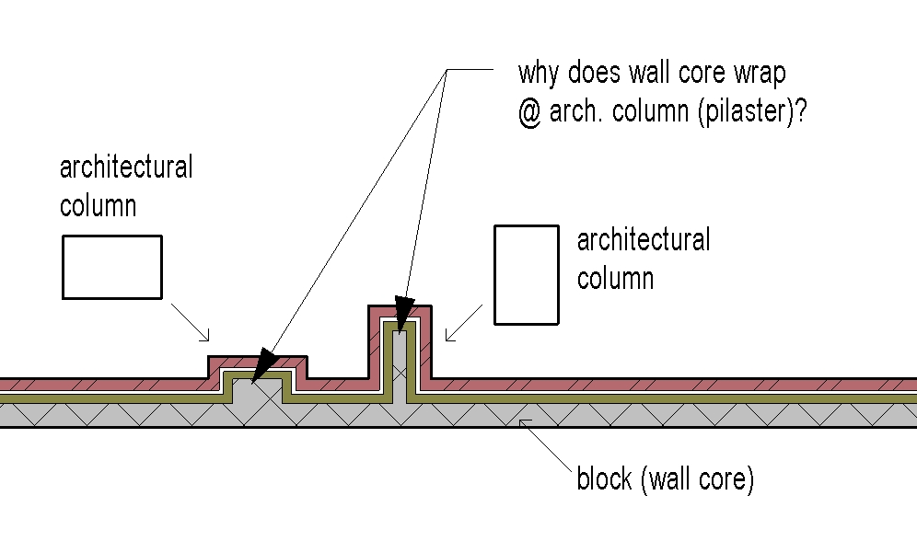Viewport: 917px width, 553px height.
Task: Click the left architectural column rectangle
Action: coord(112,267)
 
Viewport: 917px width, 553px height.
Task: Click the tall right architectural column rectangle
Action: coord(527,274)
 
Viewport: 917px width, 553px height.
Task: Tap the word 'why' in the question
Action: coord(541,74)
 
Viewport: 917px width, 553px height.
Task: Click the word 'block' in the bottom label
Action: coord(604,478)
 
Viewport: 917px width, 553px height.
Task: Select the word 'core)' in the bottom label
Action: coord(726,478)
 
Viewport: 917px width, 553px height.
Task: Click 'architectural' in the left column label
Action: coord(126,168)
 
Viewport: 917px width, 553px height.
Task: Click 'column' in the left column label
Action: coord(98,205)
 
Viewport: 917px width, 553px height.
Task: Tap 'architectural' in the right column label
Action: coord(644,241)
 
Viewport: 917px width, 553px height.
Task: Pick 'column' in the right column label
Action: coord(615,278)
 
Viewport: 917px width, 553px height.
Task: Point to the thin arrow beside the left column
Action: coord(193,321)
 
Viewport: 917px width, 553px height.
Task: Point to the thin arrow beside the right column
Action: coord(464,322)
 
